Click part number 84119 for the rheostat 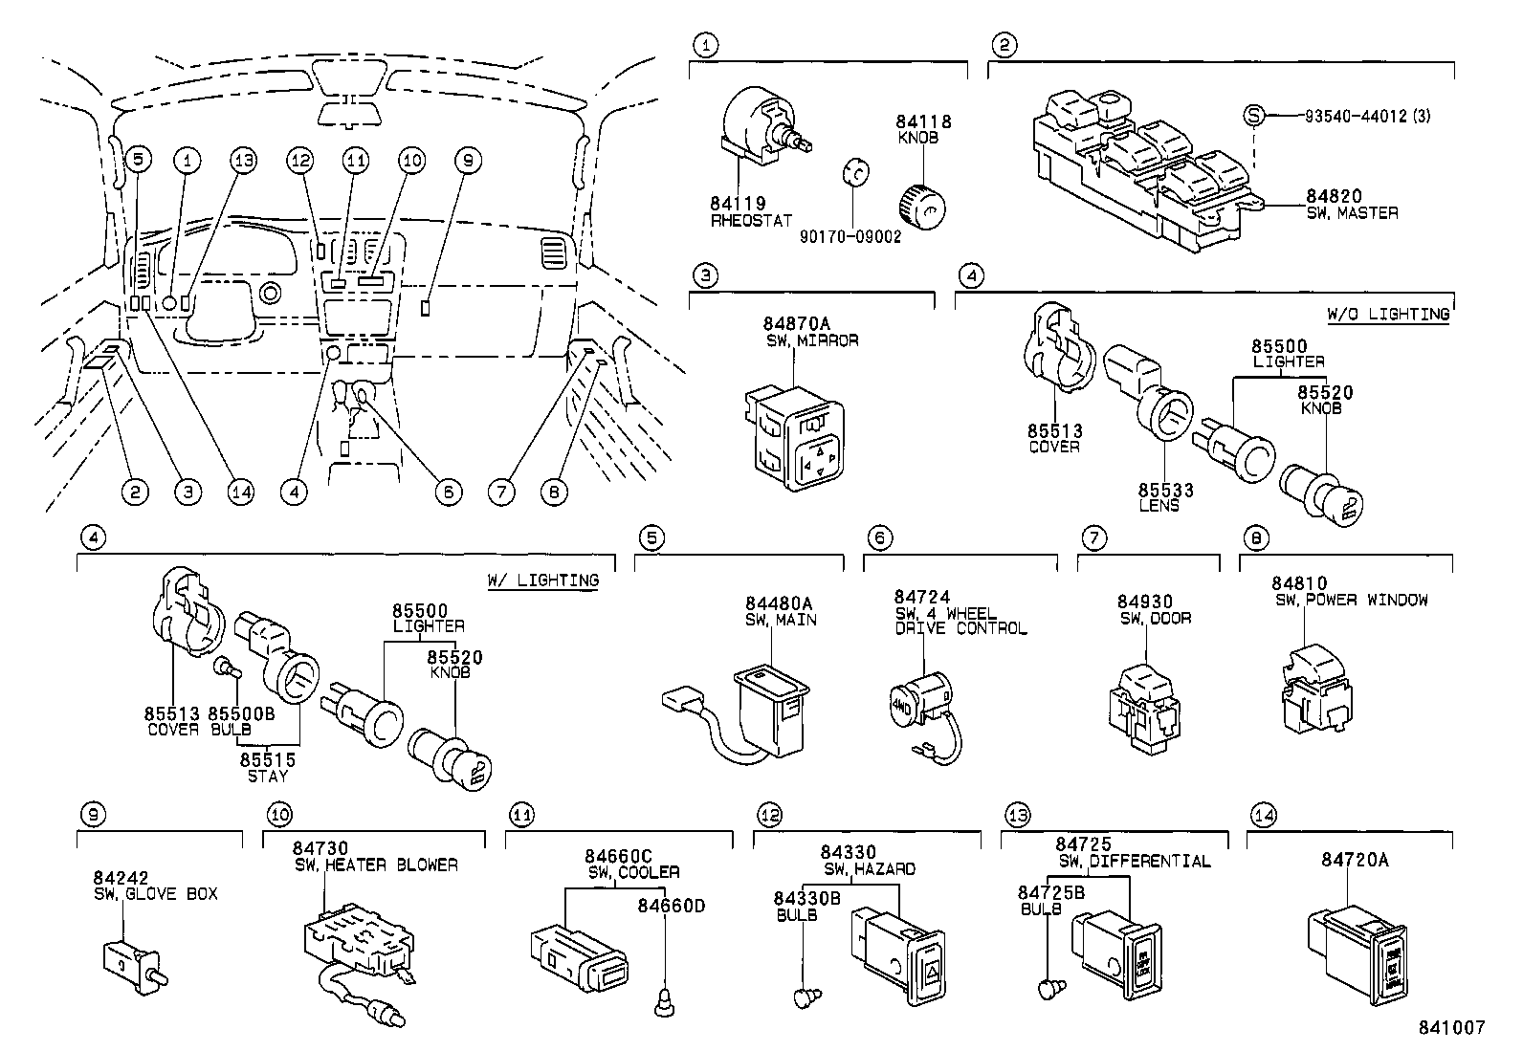pyautogui.click(x=738, y=204)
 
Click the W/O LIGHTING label pyautogui.click(x=1387, y=314)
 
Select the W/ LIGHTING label pyautogui.click(x=542, y=580)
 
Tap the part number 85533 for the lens pyautogui.click(x=1165, y=491)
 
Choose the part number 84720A pyautogui.click(x=1355, y=860)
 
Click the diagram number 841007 pyautogui.click(x=1451, y=1027)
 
